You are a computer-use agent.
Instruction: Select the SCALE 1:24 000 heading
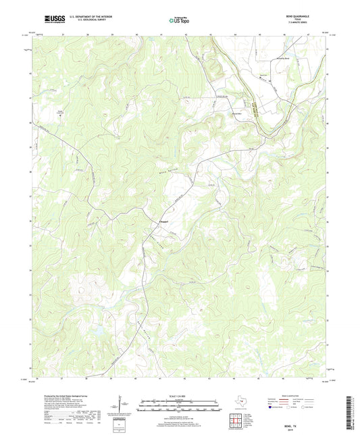[x=179, y=396]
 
